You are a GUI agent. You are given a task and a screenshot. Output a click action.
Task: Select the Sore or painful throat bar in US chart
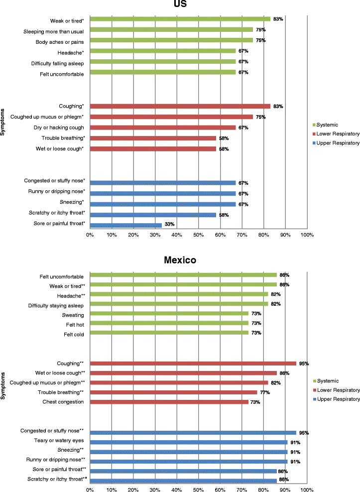[x=125, y=225]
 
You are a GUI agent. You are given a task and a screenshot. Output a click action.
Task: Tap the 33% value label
[x=170, y=225]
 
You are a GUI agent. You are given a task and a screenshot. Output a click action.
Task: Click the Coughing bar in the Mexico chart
[x=193, y=364]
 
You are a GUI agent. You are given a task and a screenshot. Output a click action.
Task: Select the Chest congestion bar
[x=169, y=402]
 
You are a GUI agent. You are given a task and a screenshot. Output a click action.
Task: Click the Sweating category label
[x=73, y=315]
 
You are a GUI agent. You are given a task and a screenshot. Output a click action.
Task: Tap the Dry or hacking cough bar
[x=161, y=127]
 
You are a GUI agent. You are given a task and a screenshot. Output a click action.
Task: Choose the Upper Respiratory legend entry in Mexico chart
[x=337, y=399]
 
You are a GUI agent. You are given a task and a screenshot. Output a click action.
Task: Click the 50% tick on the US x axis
[x=198, y=234]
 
